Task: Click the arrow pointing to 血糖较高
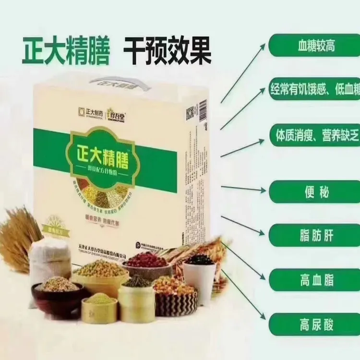[x=242, y=72]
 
